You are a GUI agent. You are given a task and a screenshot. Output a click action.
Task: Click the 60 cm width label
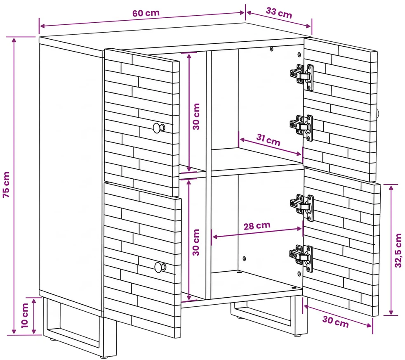(146, 13)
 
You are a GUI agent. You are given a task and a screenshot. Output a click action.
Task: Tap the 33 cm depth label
(279, 13)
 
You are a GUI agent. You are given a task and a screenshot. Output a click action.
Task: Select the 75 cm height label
(6, 185)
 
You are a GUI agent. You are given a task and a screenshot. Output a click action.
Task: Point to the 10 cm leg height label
(24, 315)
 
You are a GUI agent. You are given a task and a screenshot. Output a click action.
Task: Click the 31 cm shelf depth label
(268, 140)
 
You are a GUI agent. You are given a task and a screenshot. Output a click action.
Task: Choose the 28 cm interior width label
(257, 226)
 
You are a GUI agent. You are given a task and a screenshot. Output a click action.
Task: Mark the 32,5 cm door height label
(398, 250)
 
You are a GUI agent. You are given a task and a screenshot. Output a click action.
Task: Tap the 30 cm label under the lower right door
(335, 322)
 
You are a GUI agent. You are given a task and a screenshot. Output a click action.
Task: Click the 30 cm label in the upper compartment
(196, 116)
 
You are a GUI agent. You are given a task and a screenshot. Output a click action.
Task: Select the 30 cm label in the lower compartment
(196, 242)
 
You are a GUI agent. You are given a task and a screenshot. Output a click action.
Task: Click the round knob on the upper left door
(159, 128)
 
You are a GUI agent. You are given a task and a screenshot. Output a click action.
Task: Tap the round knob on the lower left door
(160, 267)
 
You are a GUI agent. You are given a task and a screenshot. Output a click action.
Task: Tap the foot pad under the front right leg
(298, 335)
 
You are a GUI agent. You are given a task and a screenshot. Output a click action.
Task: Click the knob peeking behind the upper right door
(378, 113)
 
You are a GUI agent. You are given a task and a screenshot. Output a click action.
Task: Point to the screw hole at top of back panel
(271, 49)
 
